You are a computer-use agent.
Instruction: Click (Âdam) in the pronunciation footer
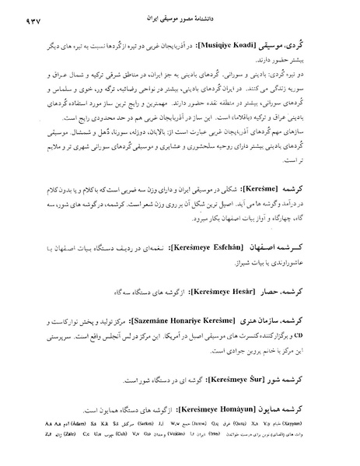47,439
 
